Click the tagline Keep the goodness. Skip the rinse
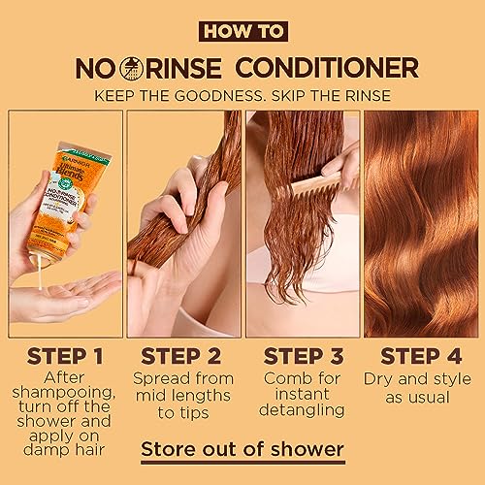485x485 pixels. click(242, 96)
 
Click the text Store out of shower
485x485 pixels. click(242, 449)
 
